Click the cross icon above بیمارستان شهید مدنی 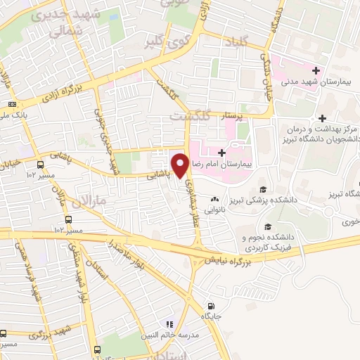pyautogui.click(x=317, y=71)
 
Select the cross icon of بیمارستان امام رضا pyautogui.click(x=222, y=152)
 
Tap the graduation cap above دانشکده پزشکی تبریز pyautogui.click(x=262, y=189)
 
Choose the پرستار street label pyautogui.click(x=239, y=113)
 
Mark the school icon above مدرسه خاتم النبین pyautogui.click(x=169, y=324)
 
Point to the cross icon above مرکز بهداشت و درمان pyautogui.click(x=322, y=119)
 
